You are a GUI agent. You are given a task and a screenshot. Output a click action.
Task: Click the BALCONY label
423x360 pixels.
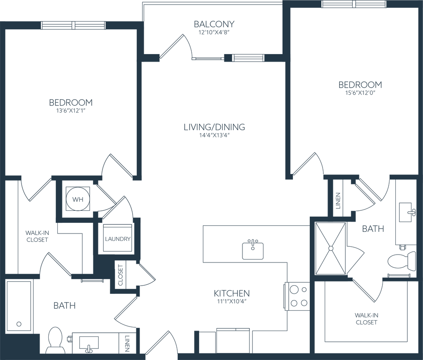pos(214,25)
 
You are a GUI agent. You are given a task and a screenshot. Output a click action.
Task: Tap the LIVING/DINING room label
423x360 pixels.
pos(214,127)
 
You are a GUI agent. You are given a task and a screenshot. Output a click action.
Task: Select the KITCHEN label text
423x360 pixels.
pos(232,293)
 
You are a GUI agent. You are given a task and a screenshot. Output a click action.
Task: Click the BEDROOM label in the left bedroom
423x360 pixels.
pos(71,102)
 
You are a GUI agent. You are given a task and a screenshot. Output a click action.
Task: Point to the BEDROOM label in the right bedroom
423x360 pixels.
pos(360,85)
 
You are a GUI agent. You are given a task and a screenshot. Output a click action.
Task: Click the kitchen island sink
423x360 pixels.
pos(252,249)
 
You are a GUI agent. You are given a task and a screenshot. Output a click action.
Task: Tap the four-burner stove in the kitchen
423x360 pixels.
pos(299,296)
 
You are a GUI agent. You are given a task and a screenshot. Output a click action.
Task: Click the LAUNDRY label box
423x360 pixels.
pos(118,239)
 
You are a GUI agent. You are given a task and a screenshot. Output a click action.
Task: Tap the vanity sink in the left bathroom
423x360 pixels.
pos(89,343)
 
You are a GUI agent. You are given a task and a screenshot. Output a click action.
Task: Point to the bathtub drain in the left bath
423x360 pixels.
pos(19,324)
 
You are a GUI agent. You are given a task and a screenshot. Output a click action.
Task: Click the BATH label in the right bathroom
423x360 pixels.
pos(373,229)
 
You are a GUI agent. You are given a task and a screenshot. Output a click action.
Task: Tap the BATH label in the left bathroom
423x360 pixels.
pos(65,306)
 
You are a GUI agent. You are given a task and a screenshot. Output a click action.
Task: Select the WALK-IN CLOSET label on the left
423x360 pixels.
pos(37,236)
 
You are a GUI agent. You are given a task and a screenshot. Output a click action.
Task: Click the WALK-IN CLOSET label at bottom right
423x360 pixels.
pos(366,319)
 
